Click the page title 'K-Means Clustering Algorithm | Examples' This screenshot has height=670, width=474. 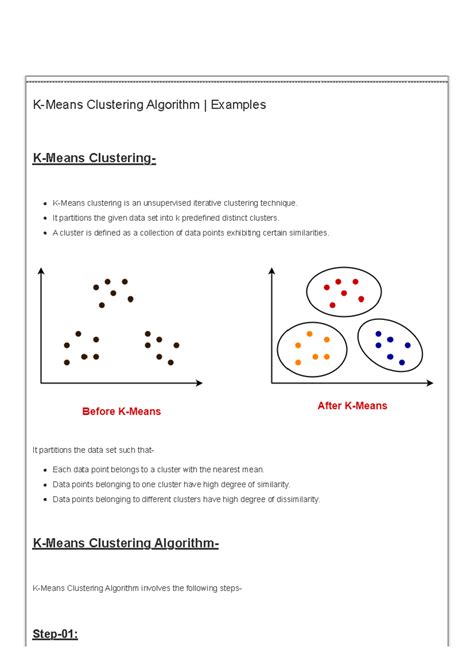tap(150, 105)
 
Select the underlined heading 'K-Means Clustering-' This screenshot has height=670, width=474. tap(94, 158)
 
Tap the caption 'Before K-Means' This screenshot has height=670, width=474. tap(121, 411)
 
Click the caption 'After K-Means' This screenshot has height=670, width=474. tap(352, 406)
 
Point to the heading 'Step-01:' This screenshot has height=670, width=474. tap(55, 634)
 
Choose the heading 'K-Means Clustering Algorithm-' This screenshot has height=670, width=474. tap(125, 543)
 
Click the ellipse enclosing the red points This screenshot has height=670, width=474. tap(343, 292)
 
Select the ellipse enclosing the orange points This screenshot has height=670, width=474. tap(312, 347)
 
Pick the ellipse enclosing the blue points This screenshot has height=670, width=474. tap(391, 347)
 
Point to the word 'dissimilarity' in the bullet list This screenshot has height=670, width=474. tap(293, 499)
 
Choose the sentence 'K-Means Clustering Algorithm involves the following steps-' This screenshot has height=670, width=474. tap(137, 589)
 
